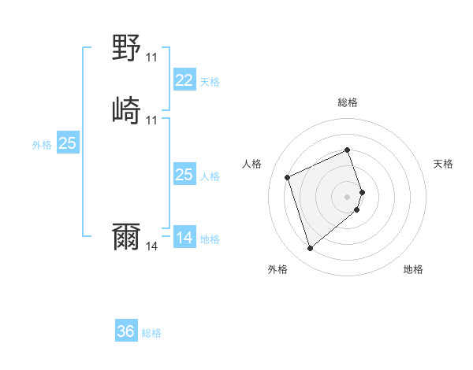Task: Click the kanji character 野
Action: [x=127, y=49]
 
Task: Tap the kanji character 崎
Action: [x=127, y=110]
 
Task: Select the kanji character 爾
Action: [x=127, y=237]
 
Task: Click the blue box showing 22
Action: [x=184, y=80]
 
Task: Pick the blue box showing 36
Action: [x=126, y=331]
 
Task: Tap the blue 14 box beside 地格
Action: [x=184, y=237]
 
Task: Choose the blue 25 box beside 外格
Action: [x=68, y=143]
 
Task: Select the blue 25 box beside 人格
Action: [x=184, y=175]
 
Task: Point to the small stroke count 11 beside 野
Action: [x=152, y=57]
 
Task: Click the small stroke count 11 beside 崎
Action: [x=152, y=120]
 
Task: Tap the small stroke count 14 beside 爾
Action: [x=152, y=246]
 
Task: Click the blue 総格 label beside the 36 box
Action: [x=151, y=333]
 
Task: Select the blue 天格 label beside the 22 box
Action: [x=209, y=81]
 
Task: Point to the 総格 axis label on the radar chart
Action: [x=348, y=102]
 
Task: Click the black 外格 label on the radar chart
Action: [x=277, y=270]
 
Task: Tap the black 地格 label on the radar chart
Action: [x=413, y=270]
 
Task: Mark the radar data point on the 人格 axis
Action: [x=289, y=176]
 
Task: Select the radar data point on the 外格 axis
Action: [x=311, y=249]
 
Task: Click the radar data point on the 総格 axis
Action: [x=348, y=150]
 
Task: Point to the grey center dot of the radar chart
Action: [x=348, y=195]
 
